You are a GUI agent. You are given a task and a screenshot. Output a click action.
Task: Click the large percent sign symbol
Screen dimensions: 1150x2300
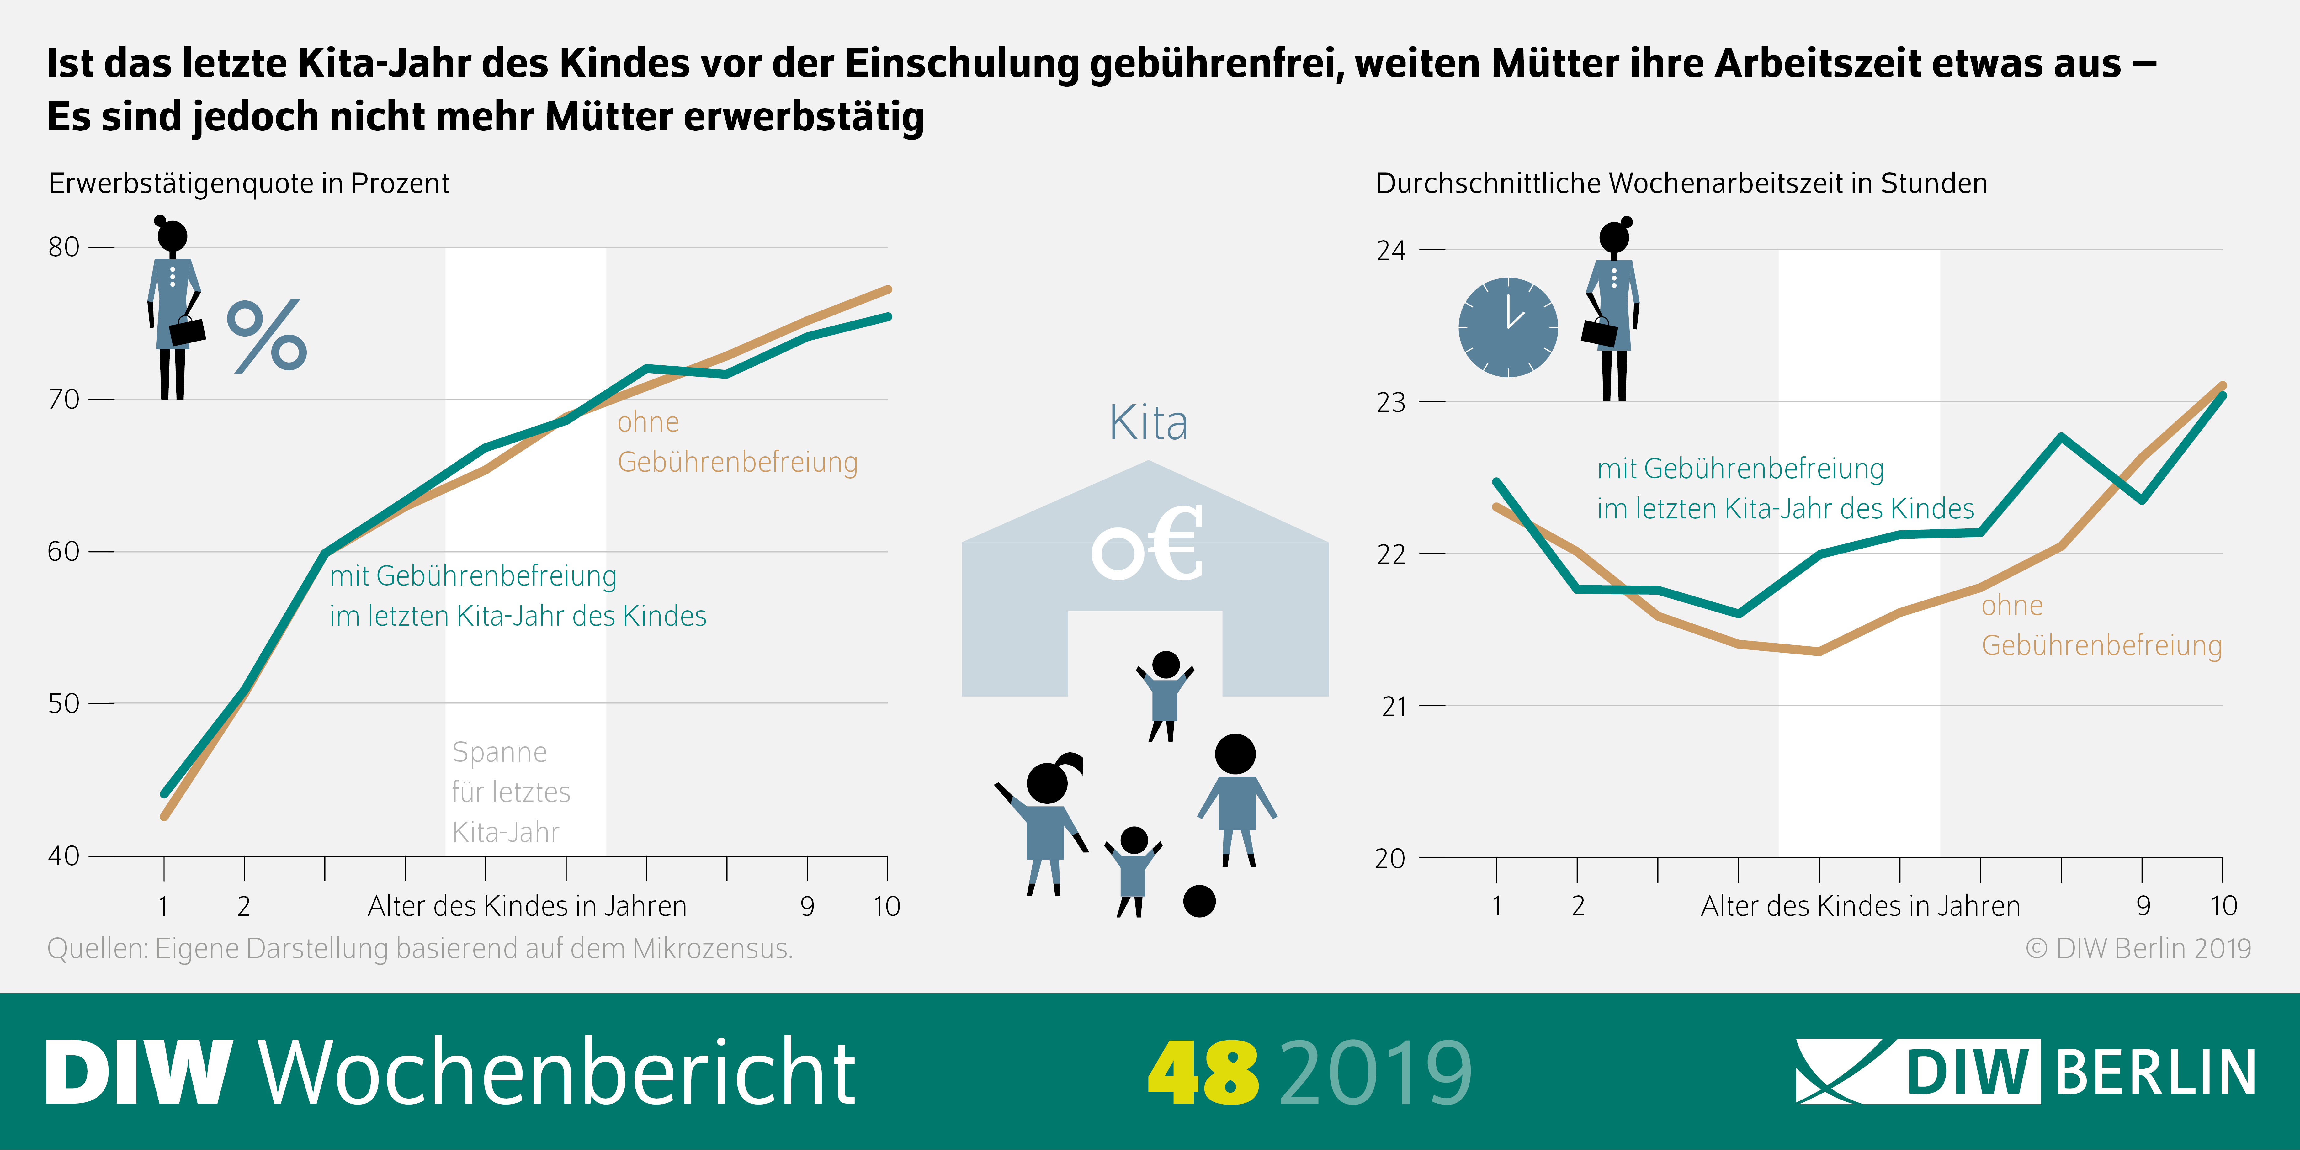267,337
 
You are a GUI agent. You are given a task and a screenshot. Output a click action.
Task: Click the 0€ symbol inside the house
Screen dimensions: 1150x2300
1147,545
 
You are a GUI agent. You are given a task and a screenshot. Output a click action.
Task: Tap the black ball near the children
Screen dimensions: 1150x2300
1199,901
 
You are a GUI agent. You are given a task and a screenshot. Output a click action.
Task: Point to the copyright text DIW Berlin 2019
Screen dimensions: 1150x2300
2138,948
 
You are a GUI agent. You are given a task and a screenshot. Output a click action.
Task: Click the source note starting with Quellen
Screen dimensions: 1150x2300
420,948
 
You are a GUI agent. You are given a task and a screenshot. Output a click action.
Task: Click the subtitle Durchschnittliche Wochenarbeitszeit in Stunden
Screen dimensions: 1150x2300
1681,183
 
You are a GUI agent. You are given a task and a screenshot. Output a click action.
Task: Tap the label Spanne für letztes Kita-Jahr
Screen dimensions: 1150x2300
511,792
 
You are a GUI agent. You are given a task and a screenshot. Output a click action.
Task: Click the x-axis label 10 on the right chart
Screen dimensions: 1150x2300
2223,906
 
